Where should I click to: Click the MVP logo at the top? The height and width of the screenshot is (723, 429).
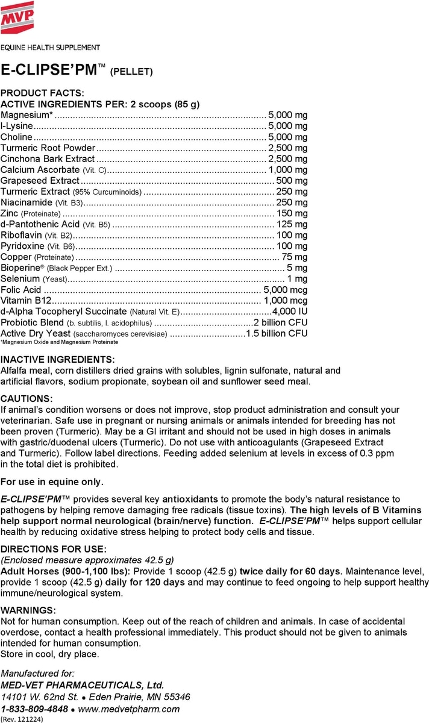pyautogui.click(x=17, y=16)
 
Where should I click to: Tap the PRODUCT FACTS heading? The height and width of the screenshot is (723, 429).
pyautogui.click(x=43, y=93)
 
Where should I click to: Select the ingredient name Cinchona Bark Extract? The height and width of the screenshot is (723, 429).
pyautogui.click(x=48, y=158)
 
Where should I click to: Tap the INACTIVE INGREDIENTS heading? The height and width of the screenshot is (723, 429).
pyautogui.click(x=57, y=359)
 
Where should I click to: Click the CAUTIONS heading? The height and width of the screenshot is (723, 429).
pyautogui.click(x=27, y=399)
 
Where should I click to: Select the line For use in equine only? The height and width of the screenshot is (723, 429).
pyautogui.click(x=52, y=481)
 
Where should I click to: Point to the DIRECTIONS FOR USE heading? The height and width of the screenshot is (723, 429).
pyautogui.click(x=54, y=548)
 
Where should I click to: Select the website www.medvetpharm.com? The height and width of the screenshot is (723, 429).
pyautogui.click(x=129, y=709)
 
